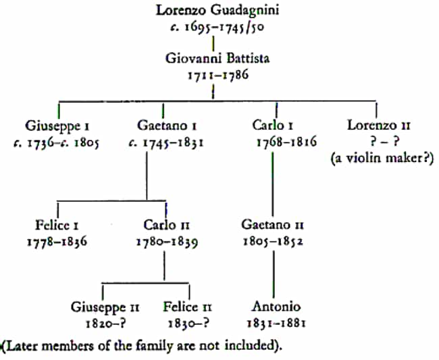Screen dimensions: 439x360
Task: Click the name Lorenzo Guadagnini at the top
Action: click(x=217, y=11)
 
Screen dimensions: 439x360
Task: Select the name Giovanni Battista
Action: click(x=217, y=59)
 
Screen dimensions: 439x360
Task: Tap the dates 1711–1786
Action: click(x=218, y=75)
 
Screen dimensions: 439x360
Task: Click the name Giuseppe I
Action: click(x=57, y=126)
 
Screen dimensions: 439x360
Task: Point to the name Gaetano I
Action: click(x=167, y=126)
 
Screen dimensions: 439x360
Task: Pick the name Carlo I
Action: click(x=273, y=125)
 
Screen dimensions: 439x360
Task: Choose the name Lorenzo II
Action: click(x=379, y=126)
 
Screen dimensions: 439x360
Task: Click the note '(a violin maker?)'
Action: click(x=382, y=159)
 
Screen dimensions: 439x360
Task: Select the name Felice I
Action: click(x=57, y=225)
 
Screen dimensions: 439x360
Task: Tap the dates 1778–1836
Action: click(x=57, y=242)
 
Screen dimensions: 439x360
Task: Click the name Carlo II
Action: click(x=167, y=225)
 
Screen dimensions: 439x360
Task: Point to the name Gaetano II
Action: click(x=273, y=224)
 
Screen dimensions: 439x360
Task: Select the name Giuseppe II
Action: click(x=105, y=307)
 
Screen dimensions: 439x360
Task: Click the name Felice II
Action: click(x=188, y=307)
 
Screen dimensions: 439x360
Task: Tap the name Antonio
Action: click(x=276, y=307)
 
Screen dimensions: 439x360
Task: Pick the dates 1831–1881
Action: click(x=276, y=324)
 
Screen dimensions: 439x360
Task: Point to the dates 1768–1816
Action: click(x=286, y=142)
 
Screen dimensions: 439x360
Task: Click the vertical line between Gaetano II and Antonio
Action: click(x=274, y=274)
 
